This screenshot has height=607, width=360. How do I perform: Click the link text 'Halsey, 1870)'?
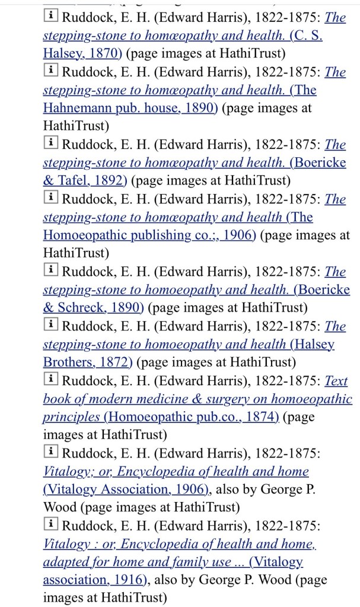pyautogui.click(x=82, y=53)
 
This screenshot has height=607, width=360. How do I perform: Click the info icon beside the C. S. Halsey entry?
pyautogui.click(x=51, y=17)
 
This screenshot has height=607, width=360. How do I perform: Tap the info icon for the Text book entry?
pyautogui.click(x=51, y=380)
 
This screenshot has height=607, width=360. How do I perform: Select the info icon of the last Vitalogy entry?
pyautogui.click(x=51, y=526)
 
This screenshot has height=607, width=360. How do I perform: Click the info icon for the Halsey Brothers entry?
pyautogui.click(x=51, y=326)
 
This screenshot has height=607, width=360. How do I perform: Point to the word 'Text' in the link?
pyautogui.click(x=336, y=381)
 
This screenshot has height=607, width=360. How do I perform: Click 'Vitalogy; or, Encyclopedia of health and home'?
pyautogui.click(x=176, y=472)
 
